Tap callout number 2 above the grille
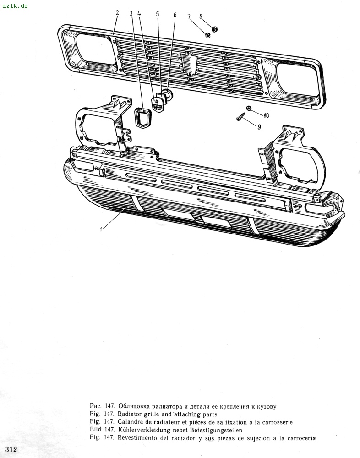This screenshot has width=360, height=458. pos(117,13)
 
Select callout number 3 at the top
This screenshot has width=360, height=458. pos(131,13)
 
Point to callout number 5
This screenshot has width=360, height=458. pos(158,14)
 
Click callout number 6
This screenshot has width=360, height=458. pos(175,15)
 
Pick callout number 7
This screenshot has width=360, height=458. pos(189,17)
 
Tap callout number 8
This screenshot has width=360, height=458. pos(201,16)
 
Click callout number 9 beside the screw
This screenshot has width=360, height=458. pos(259,127)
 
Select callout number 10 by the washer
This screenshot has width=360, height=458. pos(266,115)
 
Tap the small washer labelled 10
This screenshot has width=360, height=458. pos(249,109)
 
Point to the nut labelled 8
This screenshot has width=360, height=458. pos(214,29)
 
